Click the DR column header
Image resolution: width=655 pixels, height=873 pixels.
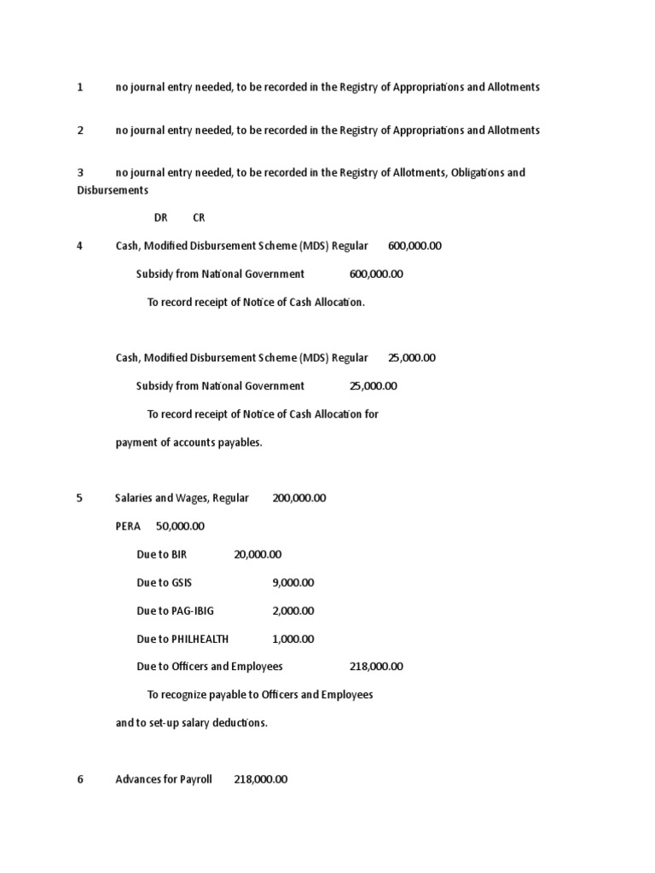161,217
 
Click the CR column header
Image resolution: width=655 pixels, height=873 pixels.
199,217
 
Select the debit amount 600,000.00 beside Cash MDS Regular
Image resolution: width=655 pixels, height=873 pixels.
414,246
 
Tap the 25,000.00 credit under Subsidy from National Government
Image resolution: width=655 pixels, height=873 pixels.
373,385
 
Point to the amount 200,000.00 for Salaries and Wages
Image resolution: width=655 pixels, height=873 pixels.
299,498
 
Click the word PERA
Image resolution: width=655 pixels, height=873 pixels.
128,526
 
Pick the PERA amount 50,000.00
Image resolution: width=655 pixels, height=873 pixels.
180,526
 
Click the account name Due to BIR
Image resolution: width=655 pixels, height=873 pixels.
161,554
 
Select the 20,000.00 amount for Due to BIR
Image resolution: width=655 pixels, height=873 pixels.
257,554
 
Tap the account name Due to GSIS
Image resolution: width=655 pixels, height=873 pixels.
164,582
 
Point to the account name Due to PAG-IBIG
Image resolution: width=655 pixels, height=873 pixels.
171,610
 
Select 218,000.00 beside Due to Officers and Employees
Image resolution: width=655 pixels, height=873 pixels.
376,667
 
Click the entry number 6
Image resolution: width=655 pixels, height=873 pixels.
80,779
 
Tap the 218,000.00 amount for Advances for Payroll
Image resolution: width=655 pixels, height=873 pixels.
260,779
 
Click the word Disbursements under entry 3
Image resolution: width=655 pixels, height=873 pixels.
113,190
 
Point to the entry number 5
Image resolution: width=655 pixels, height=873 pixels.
80,498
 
